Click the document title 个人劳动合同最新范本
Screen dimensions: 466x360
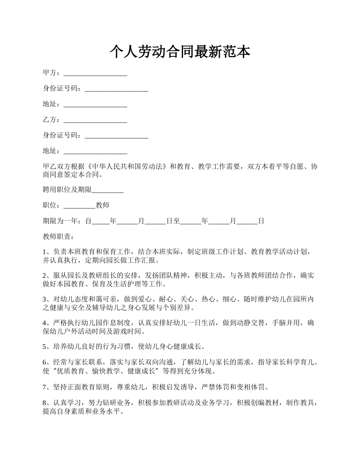(x=180, y=52)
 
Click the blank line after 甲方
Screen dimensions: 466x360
(x=95, y=73)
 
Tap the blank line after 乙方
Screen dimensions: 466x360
(x=95, y=120)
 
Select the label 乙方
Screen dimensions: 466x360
(x=49, y=120)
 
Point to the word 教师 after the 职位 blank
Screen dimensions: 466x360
(x=102, y=206)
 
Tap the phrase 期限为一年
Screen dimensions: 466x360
(x=60, y=221)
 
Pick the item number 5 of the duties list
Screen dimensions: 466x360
(x=45, y=346)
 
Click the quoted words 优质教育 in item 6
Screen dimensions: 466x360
(x=65, y=371)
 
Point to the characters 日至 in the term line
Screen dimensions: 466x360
(x=173, y=221)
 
